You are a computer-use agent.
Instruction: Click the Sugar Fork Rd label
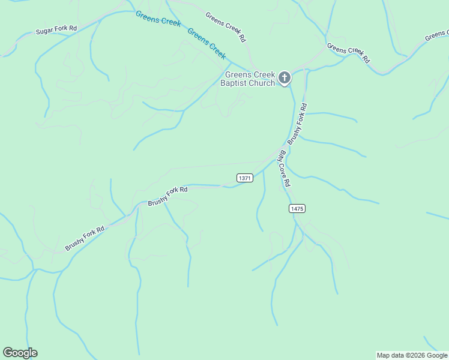(57, 29)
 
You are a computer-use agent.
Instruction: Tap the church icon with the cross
(285, 78)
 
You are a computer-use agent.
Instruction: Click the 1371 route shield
(245, 178)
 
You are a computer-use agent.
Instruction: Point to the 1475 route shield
(297, 208)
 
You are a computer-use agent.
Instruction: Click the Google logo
(20, 353)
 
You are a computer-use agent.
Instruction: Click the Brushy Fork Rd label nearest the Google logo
(85, 238)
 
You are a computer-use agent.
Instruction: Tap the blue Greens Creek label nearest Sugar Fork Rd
(158, 19)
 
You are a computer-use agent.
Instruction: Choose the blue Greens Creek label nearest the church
(206, 43)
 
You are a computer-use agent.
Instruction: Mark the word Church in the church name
(263, 83)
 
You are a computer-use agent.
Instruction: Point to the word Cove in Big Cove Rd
(281, 168)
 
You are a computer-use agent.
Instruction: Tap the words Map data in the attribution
(391, 355)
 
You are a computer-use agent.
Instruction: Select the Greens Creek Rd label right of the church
(348, 52)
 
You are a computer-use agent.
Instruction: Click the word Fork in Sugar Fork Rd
(61, 29)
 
